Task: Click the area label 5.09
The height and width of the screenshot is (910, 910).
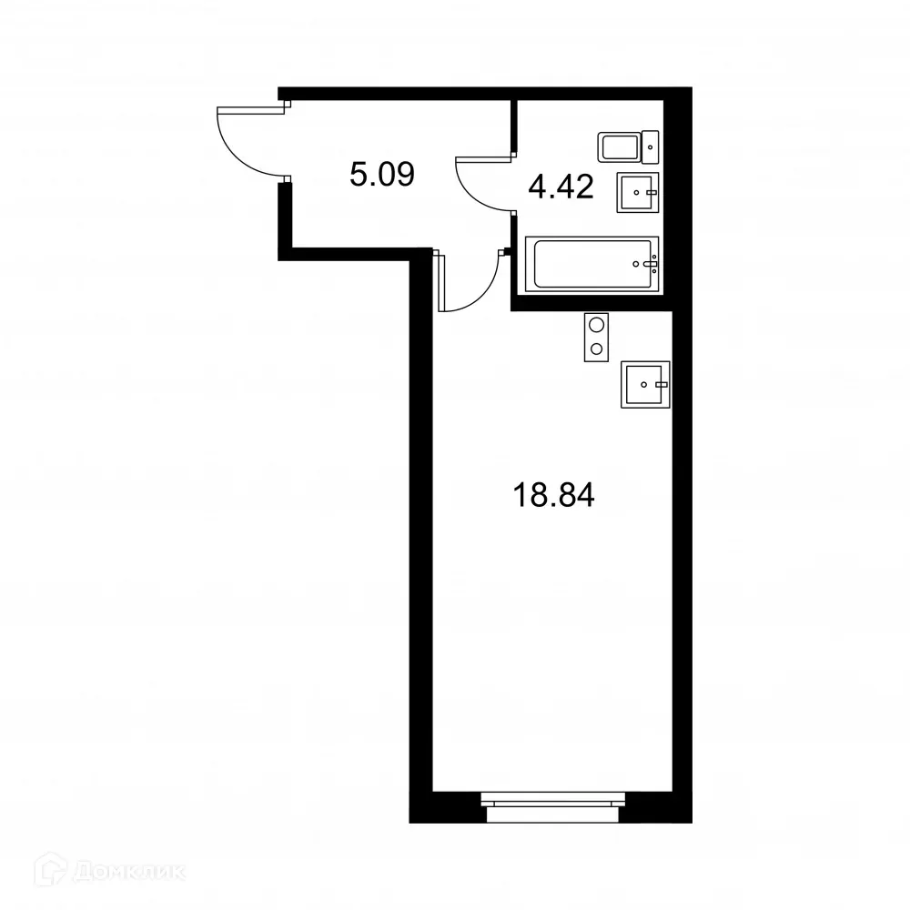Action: pos(382,173)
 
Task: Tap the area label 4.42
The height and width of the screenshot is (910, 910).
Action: pos(561,187)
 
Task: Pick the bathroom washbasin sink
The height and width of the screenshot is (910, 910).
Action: pos(637,192)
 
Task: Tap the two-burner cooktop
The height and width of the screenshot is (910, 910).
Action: pos(596,337)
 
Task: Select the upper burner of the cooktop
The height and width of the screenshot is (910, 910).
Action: pos(596,325)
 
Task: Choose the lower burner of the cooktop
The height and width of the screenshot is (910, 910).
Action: pos(596,349)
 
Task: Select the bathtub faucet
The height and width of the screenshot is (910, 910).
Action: pos(650,265)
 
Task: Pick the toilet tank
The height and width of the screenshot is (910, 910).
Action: pos(652,145)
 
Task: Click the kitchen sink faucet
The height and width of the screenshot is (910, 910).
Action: pos(662,384)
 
